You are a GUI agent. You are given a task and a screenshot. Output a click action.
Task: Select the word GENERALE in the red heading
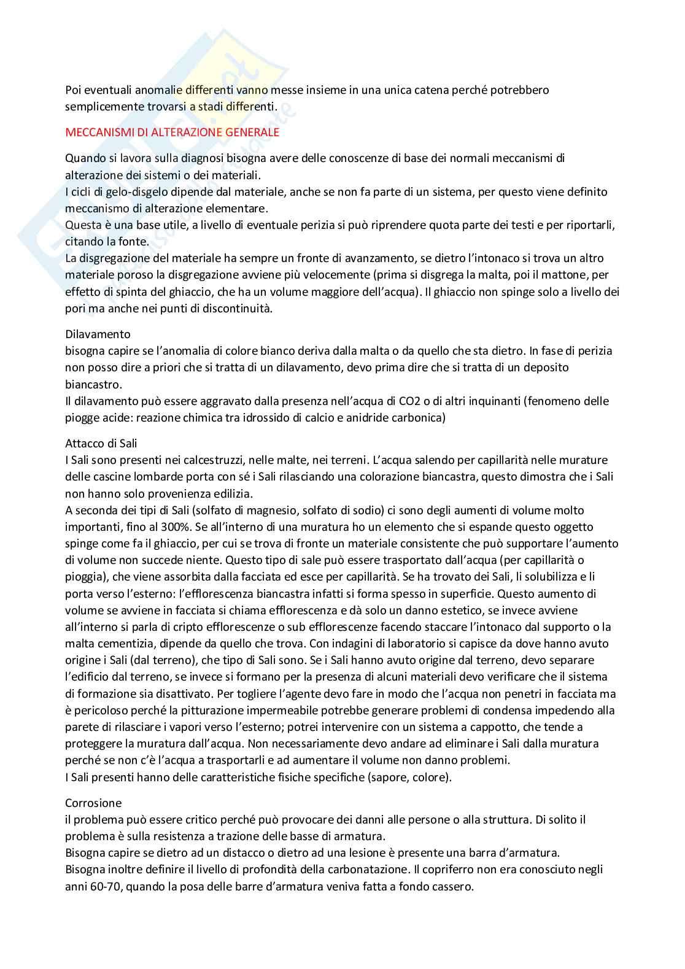pos(254,132)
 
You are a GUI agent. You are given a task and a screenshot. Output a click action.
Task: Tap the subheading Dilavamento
pos(98,334)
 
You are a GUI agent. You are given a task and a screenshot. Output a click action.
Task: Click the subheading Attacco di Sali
pos(101,443)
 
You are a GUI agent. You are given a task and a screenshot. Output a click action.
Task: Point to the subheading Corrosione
pos(93,803)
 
